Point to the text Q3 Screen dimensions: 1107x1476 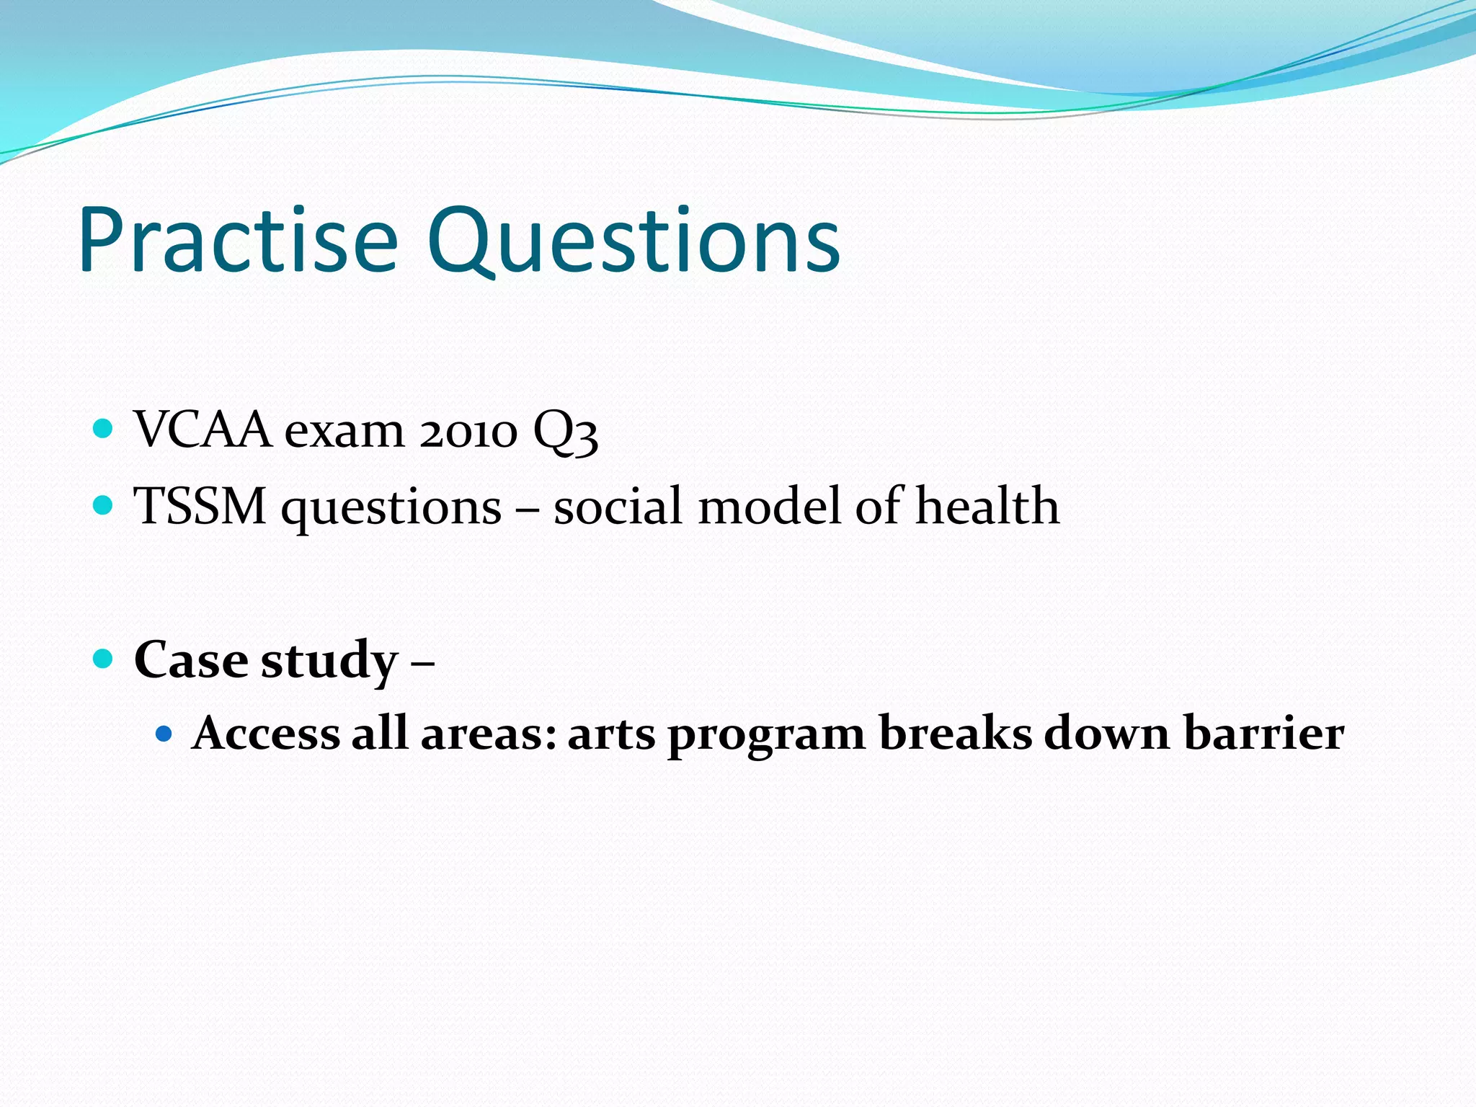point(565,433)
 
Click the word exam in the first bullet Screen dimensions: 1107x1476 point(344,433)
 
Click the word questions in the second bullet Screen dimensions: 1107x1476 point(391,509)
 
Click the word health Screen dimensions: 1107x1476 point(987,506)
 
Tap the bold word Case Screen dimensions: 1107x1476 point(191,659)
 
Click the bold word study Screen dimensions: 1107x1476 point(329,662)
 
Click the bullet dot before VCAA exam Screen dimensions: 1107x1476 point(104,430)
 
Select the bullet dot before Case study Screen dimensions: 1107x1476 point(104,658)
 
